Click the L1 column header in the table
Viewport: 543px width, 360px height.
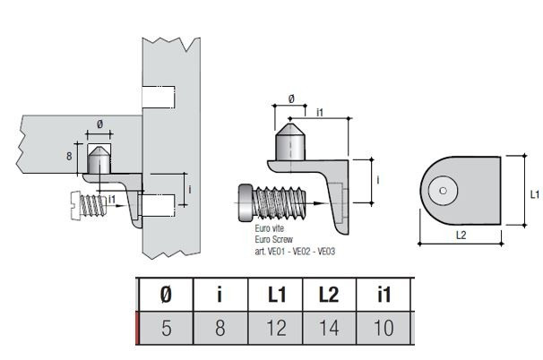tap(276, 295)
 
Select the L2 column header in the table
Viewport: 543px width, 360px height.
tap(329, 295)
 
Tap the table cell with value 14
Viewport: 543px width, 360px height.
tap(329, 328)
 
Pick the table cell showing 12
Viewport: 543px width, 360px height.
tap(276, 328)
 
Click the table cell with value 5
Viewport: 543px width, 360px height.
tap(167, 328)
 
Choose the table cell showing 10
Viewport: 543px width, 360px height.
tap(384, 328)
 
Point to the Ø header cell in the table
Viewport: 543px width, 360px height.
tap(167, 295)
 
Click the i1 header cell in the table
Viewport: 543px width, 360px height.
tap(384, 295)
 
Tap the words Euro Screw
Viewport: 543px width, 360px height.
tap(273, 239)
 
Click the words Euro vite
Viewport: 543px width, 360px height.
tap(270, 228)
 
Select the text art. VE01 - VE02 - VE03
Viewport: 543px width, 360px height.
tap(295, 252)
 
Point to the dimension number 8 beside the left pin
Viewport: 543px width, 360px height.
tap(69, 157)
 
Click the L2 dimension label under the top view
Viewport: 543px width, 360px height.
tap(461, 236)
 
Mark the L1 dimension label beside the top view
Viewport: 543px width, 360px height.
tap(535, 194)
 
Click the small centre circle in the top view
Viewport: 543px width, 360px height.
tap(443, 191)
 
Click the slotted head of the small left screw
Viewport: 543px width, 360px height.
tap(76, 205)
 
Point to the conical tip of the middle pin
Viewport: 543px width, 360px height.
tap(290, 129)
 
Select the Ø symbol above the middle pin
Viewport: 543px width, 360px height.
tap(291, 99)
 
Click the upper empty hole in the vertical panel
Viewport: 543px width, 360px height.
tap(159, 97)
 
